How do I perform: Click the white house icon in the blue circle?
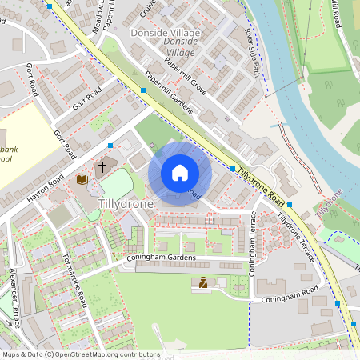click(180, 173)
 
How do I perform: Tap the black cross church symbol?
click(102, 168)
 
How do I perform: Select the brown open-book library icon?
click(82, 180)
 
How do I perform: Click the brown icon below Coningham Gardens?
click(203, 282)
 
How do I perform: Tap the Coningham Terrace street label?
click(253, 243)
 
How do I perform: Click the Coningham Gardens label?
click(160, 258)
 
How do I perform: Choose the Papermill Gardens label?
click(169, 96)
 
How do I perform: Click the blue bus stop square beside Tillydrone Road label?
click(233, 170)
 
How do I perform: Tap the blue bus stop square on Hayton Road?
click(110, 146)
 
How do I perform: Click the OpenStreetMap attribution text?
click(81, 354)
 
